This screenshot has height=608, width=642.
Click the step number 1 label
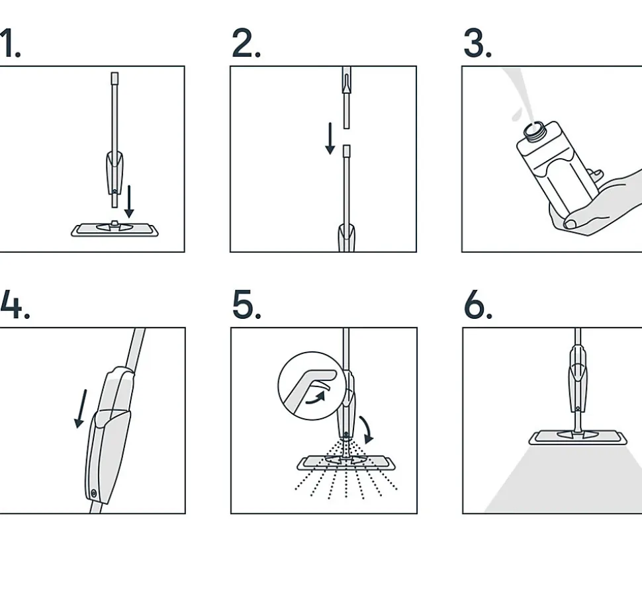[x=10, y=43]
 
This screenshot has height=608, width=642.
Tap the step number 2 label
[x=246, y=43]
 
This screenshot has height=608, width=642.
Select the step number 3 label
[x=477, y=43]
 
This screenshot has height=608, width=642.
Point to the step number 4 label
[x=15, y=304]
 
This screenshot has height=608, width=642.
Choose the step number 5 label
[x=246, y=304]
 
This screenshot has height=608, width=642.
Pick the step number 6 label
[x=479, y=304]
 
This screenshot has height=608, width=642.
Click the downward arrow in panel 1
[x=129, y=201]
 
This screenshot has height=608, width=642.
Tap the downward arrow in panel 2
[x=330, y=138]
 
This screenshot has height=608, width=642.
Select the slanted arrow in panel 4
[x=81, y=409]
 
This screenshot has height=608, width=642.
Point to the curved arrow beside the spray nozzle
[x=367, y=429]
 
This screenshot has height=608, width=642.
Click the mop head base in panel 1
[x=115, y=230]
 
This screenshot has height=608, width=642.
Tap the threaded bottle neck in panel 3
[x=534, y=131]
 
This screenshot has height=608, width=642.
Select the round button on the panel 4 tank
[x=94, y=494]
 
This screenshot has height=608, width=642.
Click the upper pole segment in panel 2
[x=346, y=97]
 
